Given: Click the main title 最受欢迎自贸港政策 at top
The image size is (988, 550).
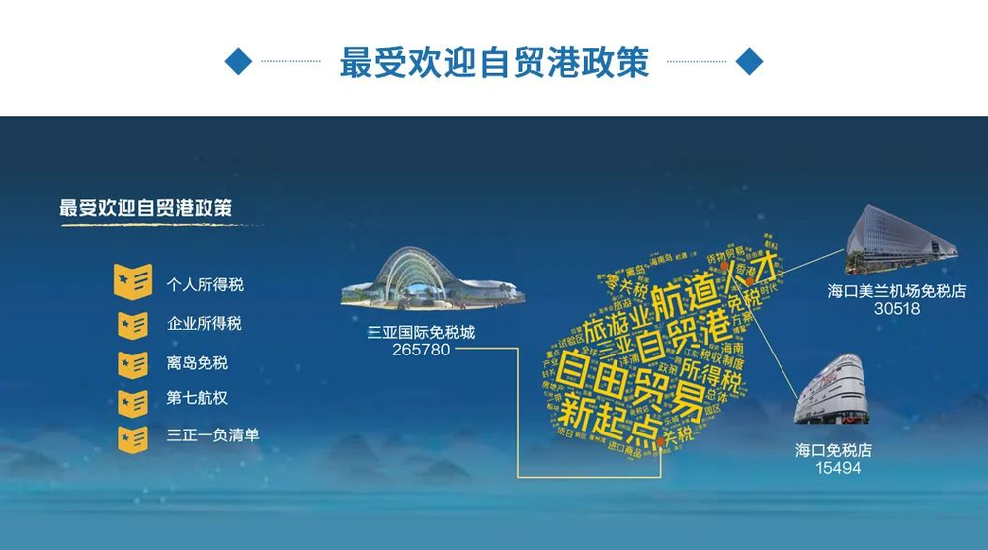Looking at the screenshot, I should [x=494, y=62].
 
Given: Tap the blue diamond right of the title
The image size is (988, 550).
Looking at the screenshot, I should [x=750, y=61].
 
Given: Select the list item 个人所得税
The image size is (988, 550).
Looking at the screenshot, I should [x=205, y=284].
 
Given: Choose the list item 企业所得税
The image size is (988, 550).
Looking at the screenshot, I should [x=205, y=323].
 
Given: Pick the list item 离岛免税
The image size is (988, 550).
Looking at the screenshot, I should [x=197, y=362].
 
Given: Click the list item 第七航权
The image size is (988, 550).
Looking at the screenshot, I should [x=197, y=400].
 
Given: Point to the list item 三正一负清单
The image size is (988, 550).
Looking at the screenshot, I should [x=212, y=434].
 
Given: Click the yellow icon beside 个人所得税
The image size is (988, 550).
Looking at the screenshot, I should [x=132, y=281].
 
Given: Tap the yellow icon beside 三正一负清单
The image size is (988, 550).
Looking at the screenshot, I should [x=132, y=437].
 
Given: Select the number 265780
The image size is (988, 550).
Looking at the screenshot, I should [x=420, y=350].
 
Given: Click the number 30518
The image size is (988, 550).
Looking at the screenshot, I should [x=896, y=308].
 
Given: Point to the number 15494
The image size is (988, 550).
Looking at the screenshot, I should [x=838, y=467].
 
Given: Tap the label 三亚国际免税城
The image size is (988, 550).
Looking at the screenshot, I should [x=420, y=333].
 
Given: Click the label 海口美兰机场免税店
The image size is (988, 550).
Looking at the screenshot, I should [x=896, y=291].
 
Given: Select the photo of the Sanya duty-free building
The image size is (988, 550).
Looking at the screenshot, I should [x=432, y=277].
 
